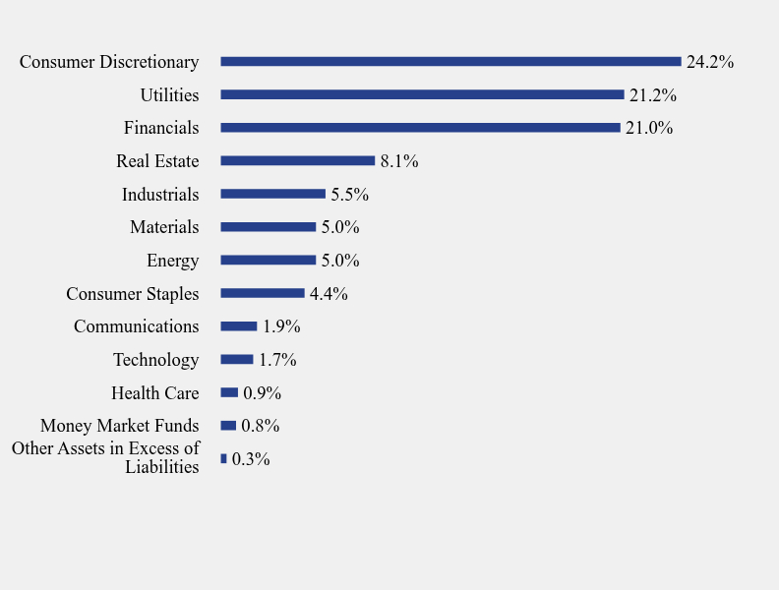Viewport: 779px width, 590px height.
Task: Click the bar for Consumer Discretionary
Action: tap(450, 61)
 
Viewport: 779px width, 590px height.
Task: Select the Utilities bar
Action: tap(422, 94)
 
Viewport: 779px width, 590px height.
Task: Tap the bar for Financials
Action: tap(420, 128)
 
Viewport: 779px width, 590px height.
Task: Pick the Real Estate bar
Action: tap(298, 160)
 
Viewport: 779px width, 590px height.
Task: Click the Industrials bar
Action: tap(272, 194)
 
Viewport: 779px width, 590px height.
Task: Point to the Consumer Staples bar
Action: tap(263, 293)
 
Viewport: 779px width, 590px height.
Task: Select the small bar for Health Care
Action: tap(229, 392)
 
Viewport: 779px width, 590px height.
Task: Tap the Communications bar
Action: tap(239, 326)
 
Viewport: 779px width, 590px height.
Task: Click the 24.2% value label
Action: tap(709, 62)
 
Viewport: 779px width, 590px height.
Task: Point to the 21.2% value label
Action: tap(652, 95)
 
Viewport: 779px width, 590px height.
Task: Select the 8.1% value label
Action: tap(399, 161)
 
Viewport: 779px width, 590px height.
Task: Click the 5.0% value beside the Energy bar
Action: tap(340, 261)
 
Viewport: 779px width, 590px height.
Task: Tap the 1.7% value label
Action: tap(277, 360)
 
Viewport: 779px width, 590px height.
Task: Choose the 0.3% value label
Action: tap(251, 459)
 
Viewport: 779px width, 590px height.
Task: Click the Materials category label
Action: tap(164, 227)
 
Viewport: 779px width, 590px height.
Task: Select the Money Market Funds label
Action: tap(119, 426)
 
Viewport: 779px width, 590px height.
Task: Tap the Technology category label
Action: tap(155, 360)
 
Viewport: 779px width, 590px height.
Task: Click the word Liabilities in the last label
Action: tap(162, 467)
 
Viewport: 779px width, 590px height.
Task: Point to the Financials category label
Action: tap(161, 128)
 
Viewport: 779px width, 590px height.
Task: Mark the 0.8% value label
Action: tap(261, 426)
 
